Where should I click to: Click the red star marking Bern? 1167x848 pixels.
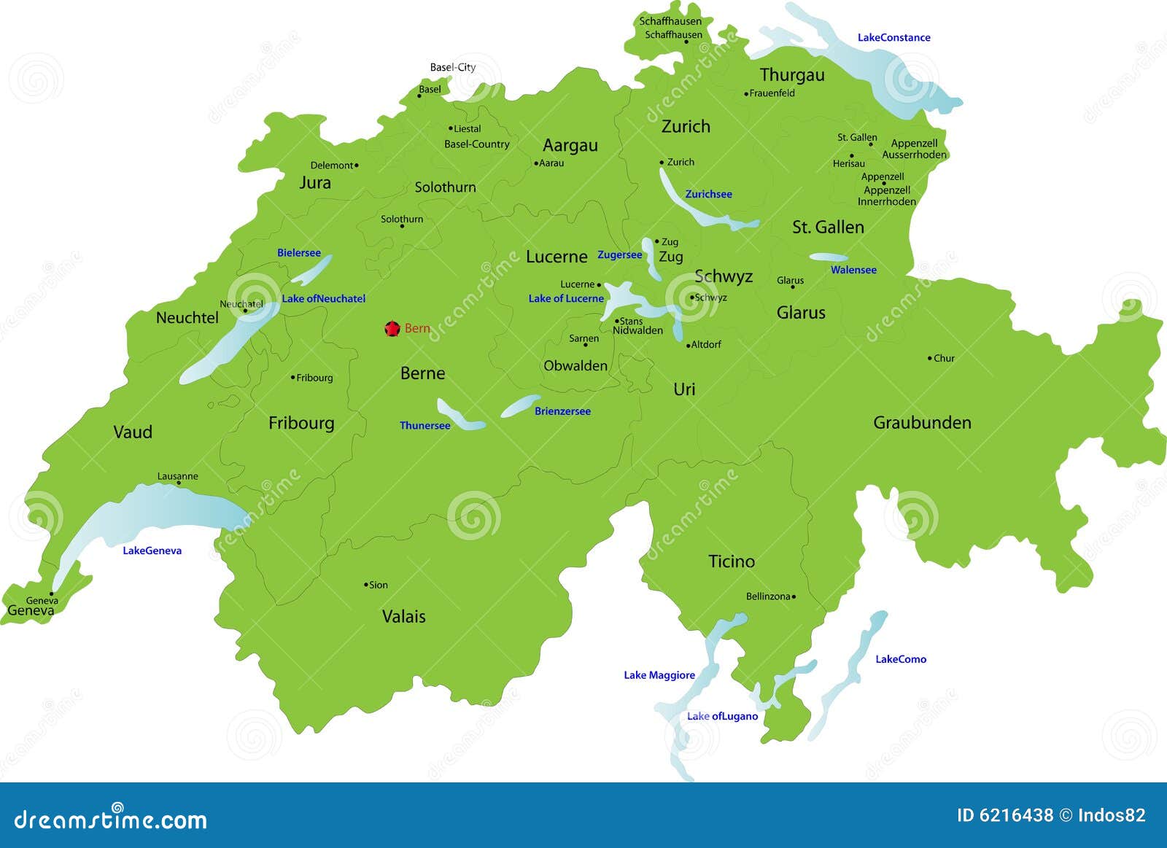(x=392, y=329)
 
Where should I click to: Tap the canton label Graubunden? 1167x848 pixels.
(x=922, y=423)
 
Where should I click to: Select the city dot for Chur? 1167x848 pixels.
(x=930, y=358)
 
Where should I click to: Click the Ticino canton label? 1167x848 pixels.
(x=732, y=561)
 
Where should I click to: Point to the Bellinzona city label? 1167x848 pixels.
(x=768, y=596)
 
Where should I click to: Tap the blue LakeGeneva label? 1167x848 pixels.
(x=152, y=551)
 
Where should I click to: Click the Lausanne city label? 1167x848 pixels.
(x=177, y=476)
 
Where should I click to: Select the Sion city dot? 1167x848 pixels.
(x=366, y=585)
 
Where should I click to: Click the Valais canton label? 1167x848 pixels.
(x=403, y=616)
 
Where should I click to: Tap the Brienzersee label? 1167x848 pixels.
(x=562, y=411)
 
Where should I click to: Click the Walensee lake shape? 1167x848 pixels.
(x=829, y=257)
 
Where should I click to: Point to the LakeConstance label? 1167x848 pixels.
(x=893, y=37)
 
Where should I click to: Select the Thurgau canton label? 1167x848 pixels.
(x=792, y=75)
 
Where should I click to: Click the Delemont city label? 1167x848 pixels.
(x=331, y=166)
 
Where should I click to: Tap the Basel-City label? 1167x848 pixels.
(x=452, y=67)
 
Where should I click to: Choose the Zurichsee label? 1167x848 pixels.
(x=708, y=194)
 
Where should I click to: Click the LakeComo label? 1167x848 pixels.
(x=901, y=659)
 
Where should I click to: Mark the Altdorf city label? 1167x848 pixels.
(x=705, y=344)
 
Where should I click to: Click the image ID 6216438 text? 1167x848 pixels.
(x=1005, y=815)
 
